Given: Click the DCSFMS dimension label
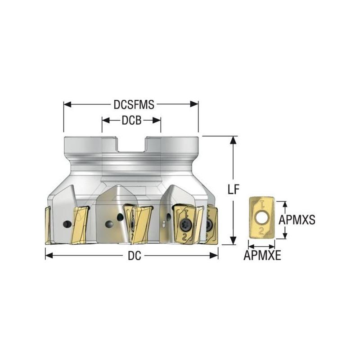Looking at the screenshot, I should pos(134,104).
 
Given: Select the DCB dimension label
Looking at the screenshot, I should pos(131,120).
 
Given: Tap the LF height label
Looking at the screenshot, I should pos(233,190).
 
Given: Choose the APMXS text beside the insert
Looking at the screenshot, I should pos(297,220).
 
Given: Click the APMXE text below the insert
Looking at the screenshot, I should pos(262,256).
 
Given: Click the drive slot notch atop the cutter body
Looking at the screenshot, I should pos(131,144).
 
